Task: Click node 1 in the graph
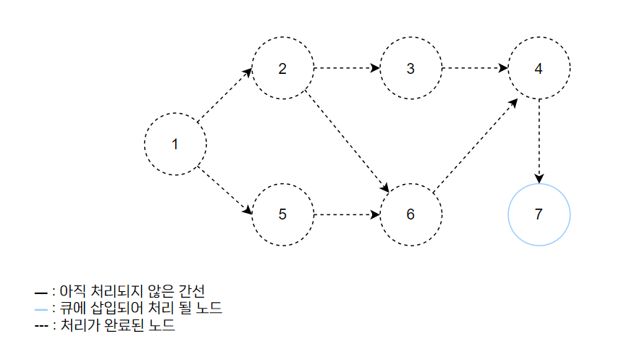174,143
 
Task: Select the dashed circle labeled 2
282,69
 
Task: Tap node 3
410,69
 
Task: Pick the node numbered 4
539,69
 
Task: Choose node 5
282,215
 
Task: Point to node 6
410,215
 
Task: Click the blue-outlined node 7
539,215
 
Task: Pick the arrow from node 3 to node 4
474,69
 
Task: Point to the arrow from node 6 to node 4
476,145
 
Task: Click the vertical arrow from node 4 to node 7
539,141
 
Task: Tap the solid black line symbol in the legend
41,292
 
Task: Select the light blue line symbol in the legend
41,309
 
